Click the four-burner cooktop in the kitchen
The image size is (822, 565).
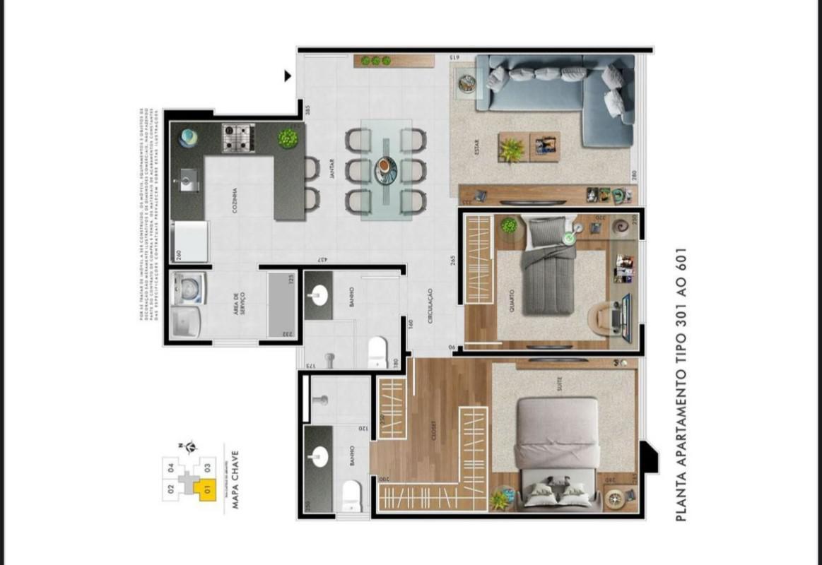coord(238,138)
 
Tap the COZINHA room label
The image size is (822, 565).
coord(234,201)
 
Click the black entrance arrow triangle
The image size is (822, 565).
coord(288,76)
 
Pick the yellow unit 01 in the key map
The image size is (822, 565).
coord(207,488)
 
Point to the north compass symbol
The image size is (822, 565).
coord(189,446)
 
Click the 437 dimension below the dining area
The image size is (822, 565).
coord(322,261)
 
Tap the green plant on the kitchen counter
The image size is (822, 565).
coord(288,138)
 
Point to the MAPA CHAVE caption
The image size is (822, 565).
coord(235,481)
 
